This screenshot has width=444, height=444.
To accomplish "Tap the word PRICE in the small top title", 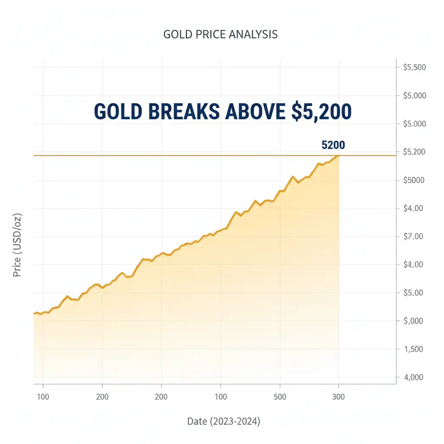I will click(x=203, y=35).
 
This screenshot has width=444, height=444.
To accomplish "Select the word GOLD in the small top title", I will click(x=175, y=35).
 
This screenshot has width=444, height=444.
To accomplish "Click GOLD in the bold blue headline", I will click(x=118, y=112).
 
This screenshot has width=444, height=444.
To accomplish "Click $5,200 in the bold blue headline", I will click(x=321, y=112).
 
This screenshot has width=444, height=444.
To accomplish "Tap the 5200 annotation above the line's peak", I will click(x=333, y=145).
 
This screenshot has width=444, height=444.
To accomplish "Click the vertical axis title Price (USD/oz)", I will click(x=17, y=245).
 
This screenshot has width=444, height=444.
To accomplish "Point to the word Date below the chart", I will click(x=197, y=421).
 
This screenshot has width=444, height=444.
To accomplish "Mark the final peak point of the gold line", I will click(x=339, y=155).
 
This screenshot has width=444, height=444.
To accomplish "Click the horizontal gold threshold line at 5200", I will click(x=173, y=155).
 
